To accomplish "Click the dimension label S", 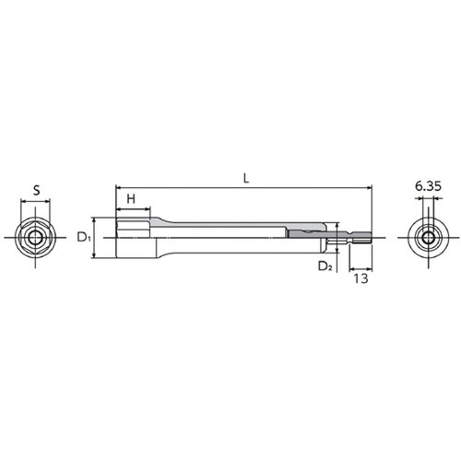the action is pyautogui.click(x=37, y=190).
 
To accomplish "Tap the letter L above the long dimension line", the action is pyautogui.click(x=246, y=179).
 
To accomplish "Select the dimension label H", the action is pyautogui.click(x=131, y=199).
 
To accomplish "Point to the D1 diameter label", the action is pyautogui.click(x=84, y=237).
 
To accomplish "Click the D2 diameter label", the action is pyautogui.click(x=325, y=266).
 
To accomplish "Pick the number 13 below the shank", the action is pyautogui.click(x=361, y=278).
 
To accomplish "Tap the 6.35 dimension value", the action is pyautogui.click(x=428, y=186).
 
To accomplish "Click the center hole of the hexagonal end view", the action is pyautogui.click(x=35, y=238).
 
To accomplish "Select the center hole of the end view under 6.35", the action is pyautogui.click(x=428, y=238).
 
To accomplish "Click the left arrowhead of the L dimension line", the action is pyautogui.click(x=118, y=187).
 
